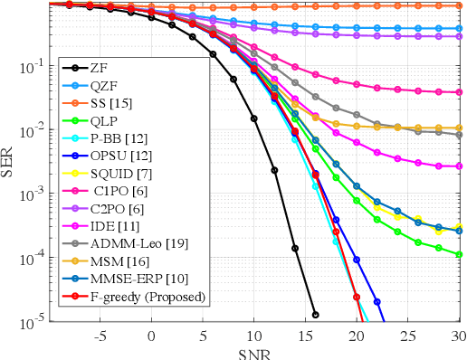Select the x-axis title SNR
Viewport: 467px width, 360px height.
click(253, 353)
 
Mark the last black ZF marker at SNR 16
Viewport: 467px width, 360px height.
click(316, 315)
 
